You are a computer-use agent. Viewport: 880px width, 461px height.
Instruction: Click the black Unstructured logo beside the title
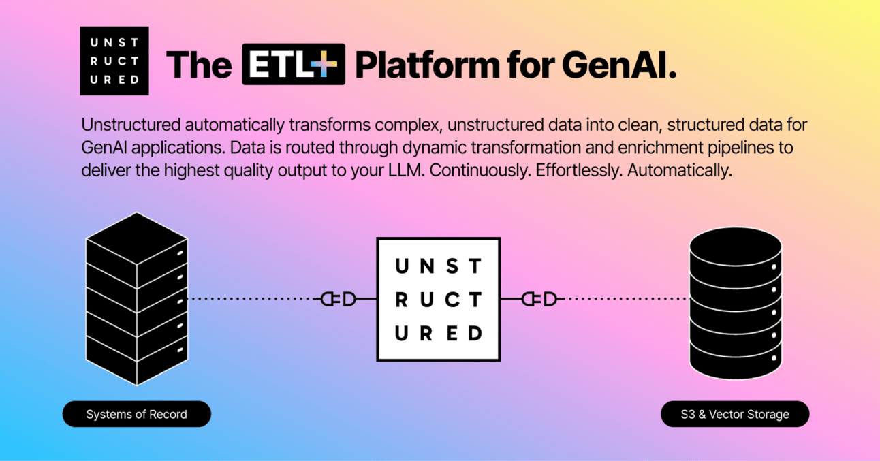[x=114, y=61]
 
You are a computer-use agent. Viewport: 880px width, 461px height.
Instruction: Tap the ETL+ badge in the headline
[x=294, y=64]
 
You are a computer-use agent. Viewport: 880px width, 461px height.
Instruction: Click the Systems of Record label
[x=136, y=414]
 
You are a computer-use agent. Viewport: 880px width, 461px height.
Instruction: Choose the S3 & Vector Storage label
[x=735, y=414]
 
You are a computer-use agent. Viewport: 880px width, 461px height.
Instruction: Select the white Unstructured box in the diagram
[x=439, y=299]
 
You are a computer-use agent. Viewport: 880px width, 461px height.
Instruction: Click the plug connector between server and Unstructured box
[x=339, y=299]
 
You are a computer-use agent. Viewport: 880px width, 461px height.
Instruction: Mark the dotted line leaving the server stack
[x=252, y=299]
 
